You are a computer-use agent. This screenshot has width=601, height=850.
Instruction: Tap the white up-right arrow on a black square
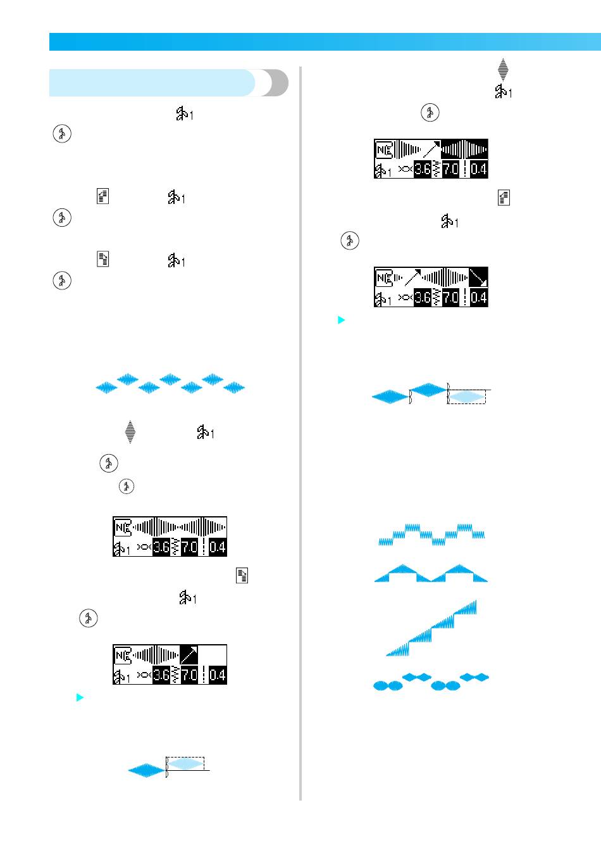189,654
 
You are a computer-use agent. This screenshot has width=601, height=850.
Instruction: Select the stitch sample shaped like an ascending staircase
431,628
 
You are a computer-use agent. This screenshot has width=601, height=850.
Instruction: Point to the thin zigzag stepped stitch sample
431,535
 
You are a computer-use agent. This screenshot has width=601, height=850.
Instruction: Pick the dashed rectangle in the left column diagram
185,763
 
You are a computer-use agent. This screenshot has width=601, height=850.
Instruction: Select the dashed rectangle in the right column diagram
466,396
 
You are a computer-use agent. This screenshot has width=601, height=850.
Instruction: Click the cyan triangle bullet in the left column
80,697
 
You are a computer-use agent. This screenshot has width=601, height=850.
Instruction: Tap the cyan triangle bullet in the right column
341,320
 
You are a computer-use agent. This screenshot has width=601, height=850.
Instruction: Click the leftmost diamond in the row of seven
106,388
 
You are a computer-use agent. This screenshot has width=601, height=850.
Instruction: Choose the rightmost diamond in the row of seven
234,388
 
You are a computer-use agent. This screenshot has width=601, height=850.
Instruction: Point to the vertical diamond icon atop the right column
503,70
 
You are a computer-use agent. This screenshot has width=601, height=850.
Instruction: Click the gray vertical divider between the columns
300,433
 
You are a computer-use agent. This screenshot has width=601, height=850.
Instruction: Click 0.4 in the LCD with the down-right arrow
478,298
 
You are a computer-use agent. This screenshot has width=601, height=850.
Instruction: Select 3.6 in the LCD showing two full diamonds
161,547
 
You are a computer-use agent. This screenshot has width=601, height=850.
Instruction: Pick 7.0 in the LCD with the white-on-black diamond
450,169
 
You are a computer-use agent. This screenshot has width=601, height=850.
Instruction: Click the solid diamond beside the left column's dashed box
147,770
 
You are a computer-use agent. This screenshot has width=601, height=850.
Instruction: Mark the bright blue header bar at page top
325,42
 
